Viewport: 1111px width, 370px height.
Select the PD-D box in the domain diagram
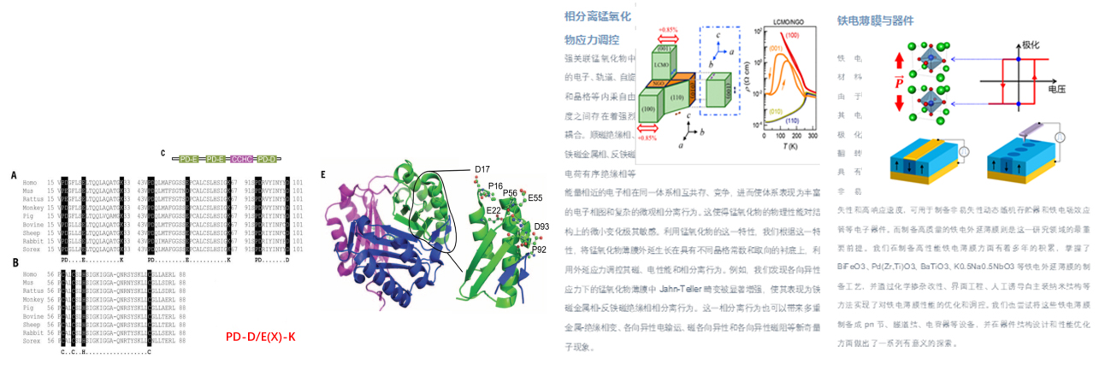[268, 159]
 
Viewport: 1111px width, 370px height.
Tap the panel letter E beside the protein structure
[322, 174]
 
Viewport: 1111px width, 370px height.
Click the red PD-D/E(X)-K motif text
[260, 338]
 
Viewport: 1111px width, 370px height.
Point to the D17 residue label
[484, 167]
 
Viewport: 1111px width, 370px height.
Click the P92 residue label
[541, 250]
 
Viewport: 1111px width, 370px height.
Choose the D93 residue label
[541, 226]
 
